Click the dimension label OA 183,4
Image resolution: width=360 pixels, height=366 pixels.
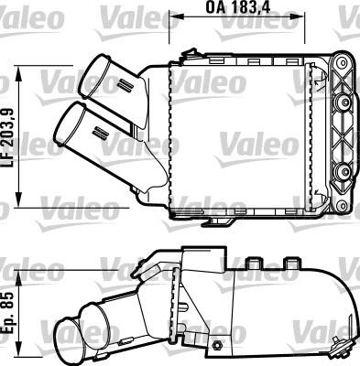click(x=238, y=7)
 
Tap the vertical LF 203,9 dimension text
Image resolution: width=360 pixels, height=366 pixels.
click(x=10, y=137)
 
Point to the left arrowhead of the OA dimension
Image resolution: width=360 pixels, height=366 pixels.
click(x=174, y=18)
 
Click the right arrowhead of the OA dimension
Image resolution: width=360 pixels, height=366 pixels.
click(x=300, y=18)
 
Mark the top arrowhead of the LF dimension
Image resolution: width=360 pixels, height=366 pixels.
click(x=19, y=71)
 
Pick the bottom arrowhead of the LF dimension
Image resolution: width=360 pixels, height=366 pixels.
click(x=19, y=202)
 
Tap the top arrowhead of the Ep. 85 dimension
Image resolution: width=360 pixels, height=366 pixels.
click(x=19, y=275)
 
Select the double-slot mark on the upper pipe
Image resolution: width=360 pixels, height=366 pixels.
click(x=125, y=84)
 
